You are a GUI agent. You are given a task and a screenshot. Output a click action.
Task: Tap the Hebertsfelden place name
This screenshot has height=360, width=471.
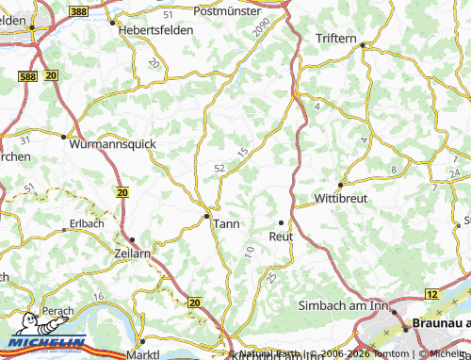155,30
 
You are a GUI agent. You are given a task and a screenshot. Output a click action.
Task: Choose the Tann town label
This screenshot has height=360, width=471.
227,223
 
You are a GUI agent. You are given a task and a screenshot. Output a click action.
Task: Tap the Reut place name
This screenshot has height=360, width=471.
282,237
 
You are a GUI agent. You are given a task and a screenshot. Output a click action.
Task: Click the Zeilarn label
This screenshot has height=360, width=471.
133,254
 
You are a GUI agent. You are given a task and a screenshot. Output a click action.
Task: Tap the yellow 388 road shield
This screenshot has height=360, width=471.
79,10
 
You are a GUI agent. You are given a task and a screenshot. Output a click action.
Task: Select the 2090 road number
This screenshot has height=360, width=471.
262,29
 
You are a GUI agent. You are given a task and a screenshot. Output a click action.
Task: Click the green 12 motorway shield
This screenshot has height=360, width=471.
431,295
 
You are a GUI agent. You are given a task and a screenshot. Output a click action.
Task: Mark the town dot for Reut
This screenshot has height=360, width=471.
282,222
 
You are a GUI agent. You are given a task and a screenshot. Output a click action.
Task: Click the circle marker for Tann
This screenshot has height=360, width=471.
207,216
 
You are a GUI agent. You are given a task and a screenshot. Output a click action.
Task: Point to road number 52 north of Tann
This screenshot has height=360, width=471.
219,168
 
